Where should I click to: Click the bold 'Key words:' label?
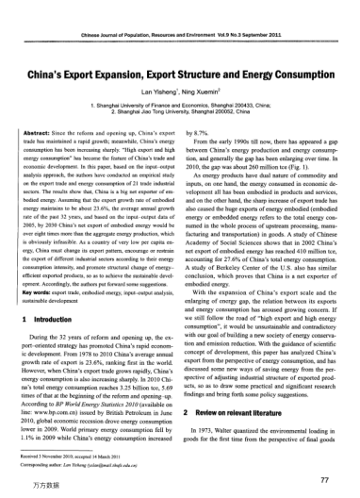coord(39,290)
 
